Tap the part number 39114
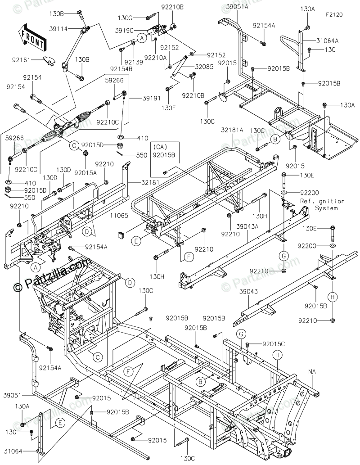(x=58, y=28)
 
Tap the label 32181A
(x=232, y=130)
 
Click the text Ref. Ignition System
(x=323, y=205)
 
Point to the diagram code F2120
(x=334, y=14)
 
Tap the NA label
(x=313, y=371)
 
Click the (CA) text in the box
(x=160, y=147)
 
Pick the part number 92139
(x=133, y=62)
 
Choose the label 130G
(x=125, y=18)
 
